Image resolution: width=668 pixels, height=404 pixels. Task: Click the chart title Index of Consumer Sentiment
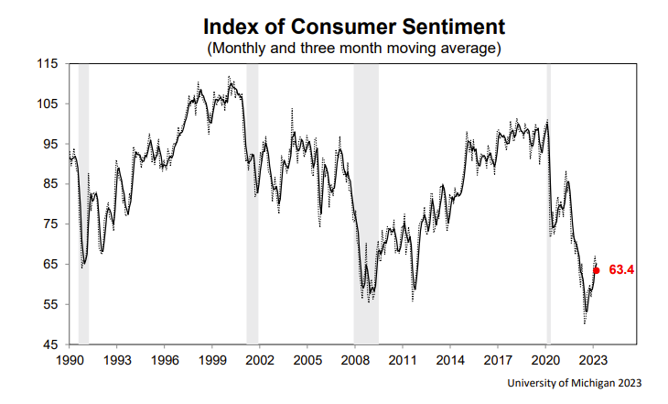354,24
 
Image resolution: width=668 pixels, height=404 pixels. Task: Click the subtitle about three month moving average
354,46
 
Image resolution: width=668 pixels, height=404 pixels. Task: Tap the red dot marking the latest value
597,270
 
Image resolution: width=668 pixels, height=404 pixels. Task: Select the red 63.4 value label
621,270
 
